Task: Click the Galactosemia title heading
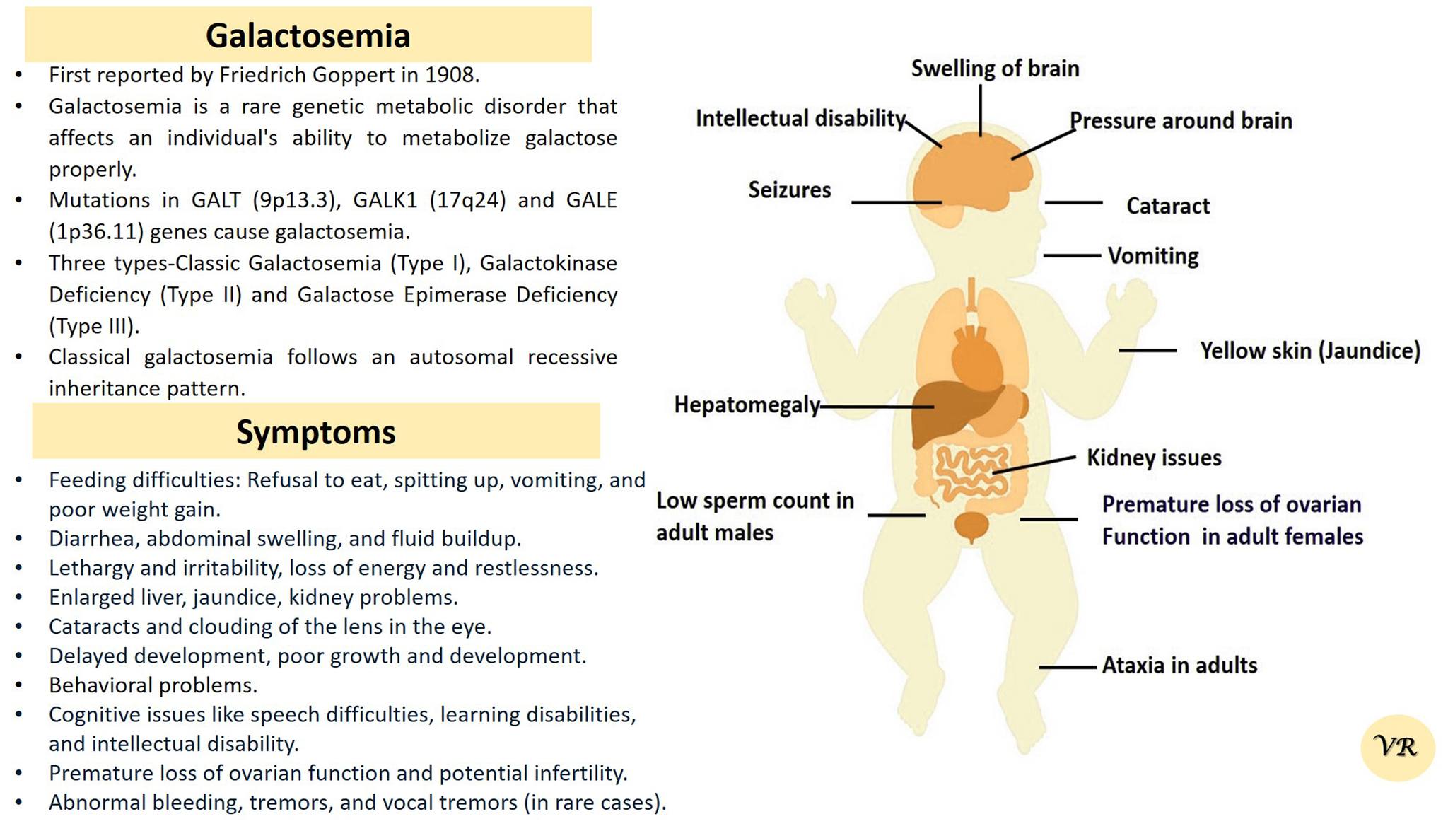coord(308,35)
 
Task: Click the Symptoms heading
coord(315,432)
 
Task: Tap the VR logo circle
coord(1397,748)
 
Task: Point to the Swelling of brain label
coord(995,69)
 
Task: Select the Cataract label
coord(1168,206)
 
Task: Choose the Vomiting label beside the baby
coord(1153,256)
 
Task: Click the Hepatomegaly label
coord(747,405)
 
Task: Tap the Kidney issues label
coord(1154,458)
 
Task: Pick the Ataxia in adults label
coord(1179,666)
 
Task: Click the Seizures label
coord(790,190)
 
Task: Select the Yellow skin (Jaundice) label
coord(1310,351)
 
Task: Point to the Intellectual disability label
coord(800,118)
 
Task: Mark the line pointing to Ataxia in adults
coord(1068,667)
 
